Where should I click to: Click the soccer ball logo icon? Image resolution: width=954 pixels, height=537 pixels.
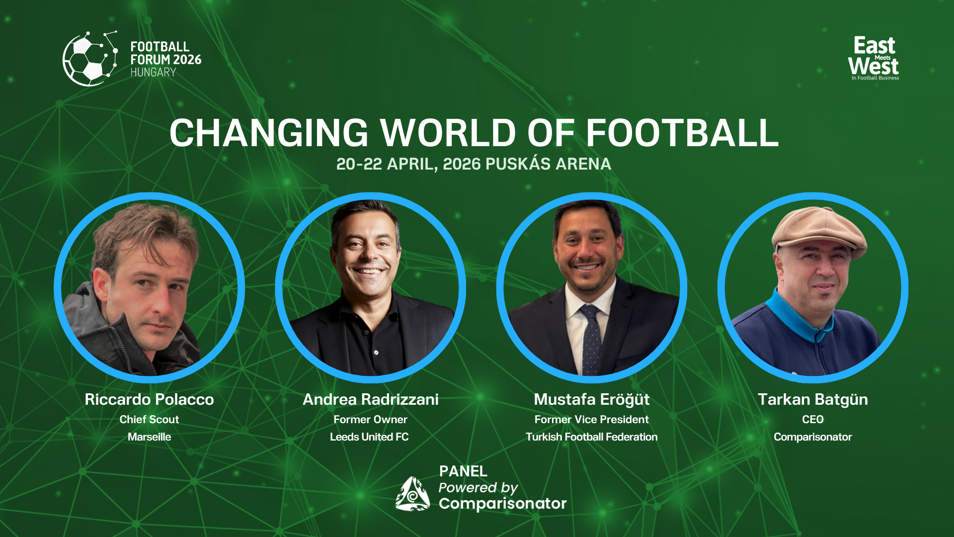click(89, 59)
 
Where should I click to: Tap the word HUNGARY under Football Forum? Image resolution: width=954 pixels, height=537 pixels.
click(153, 73)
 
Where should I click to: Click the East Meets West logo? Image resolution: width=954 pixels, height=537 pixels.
click(874, 58)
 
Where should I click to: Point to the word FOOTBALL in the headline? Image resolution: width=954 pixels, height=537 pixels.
click(682, 133)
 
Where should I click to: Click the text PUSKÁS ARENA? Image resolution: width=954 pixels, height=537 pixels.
click(548, 164)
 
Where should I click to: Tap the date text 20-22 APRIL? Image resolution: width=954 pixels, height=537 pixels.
click(386, 164)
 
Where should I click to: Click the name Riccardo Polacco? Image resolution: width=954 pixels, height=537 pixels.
click(149, 399)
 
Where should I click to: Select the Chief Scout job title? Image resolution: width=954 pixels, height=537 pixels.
click(149, 419)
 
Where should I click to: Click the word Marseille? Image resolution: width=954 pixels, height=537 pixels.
click(149, 437)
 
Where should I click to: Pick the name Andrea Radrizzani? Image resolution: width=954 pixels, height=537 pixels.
click(371, 399)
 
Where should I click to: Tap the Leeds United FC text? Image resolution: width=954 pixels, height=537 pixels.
click(369, 437)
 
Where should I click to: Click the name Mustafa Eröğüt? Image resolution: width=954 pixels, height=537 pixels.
click(591, 399)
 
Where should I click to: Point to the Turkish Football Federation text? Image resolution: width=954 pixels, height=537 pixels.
click(591, 437)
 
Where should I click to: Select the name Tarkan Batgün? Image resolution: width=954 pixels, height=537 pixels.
click(813, 399)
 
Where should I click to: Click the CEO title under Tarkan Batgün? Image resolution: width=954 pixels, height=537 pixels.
click(813, 419)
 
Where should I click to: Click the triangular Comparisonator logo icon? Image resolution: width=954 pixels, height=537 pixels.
click(412, 494)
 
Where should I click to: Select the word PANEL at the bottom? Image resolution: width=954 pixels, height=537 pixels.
click(463, 471)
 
